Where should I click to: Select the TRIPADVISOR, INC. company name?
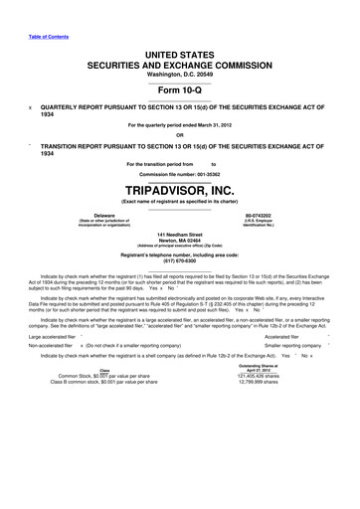point(179,190)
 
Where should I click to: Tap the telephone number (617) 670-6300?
point(180,261)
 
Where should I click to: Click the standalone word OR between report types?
point(179,135)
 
